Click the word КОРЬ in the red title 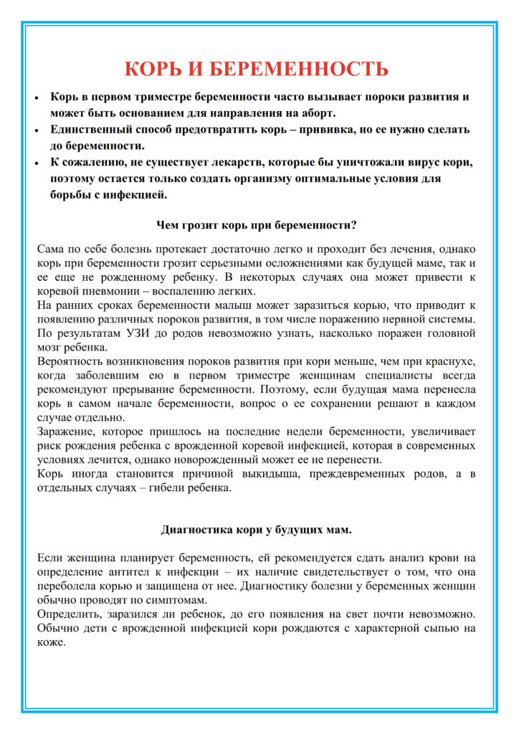tap(153, 69)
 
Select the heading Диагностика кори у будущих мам tap(256, 530)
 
